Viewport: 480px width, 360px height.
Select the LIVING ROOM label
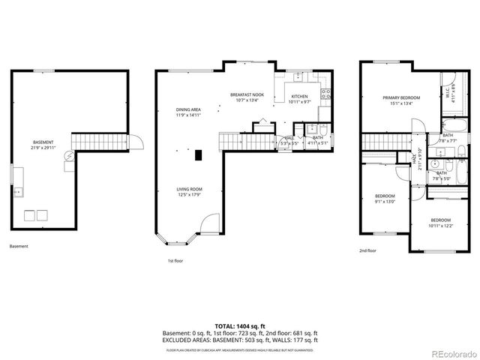pyautogui.click(x=189, y=192)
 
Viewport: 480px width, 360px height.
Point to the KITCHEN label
pyautogui.click(x=299, y=98)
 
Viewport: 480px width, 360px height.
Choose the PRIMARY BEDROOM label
pyautogui.click(x=401, y=100)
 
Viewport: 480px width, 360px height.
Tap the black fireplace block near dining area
pyautogui.click(x=198, y=155)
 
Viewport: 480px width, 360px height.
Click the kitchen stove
pyautogui.click(x=326, y=94)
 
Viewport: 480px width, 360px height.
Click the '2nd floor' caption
pyautogui.click(x=367, y=250)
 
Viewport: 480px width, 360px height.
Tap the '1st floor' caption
pyautogui.click(x=175, y=261)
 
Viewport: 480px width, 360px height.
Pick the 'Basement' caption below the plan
pyautogui.click(x=18, y=246)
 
